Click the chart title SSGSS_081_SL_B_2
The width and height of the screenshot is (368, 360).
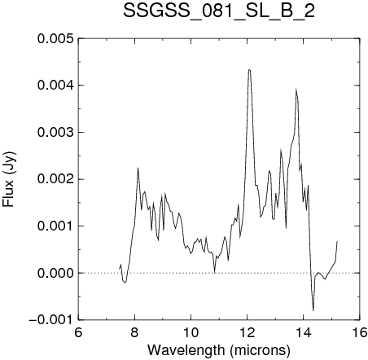point(219,11)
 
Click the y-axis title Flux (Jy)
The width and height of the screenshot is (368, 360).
point(9,179)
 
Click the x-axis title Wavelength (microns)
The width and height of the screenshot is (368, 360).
point(219,350)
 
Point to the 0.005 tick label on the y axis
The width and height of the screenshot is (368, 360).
point(55,38)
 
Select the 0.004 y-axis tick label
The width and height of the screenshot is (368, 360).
point(55,86)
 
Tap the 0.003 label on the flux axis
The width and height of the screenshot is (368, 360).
point(55,133)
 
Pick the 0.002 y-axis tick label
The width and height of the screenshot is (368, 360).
point(55,179)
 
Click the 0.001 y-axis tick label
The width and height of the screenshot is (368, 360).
point(55,226)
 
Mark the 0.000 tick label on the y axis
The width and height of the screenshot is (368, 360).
point(55,273)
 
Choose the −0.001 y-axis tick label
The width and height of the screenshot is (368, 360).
point(51,320)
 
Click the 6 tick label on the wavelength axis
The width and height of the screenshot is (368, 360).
point(78,332)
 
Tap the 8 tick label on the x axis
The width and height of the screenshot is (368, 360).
point(134,332)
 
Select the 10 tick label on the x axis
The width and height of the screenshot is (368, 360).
point(191,332)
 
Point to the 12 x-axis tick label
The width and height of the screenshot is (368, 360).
point(248,332)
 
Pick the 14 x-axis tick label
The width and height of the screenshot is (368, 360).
point(304,332)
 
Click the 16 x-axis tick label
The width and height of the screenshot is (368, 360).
point(360,332)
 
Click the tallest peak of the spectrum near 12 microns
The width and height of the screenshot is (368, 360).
point(249,70)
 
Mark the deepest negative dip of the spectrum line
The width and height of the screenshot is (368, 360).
point(313,310)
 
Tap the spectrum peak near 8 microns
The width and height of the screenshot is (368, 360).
point(138,168)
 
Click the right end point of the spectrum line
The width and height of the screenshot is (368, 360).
point(337,241)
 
